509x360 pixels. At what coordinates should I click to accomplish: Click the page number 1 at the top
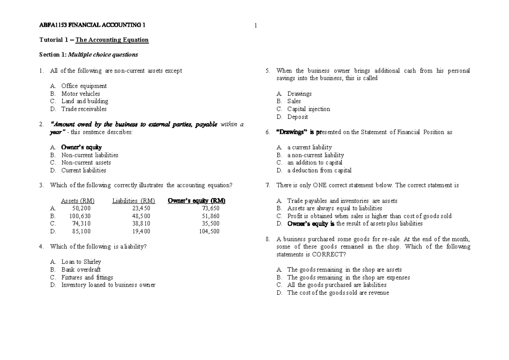coord(255,25)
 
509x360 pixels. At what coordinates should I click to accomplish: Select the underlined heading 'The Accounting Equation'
coord(112,40)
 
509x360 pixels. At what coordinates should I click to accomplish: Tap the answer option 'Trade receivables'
coord(84,109)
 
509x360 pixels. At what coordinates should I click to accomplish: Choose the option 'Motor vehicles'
coord(81,94)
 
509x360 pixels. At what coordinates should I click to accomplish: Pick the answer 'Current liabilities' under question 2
coord(84,170)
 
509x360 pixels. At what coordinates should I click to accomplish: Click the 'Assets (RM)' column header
coord(78,201)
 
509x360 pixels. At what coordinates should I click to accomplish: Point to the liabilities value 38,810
coord(141,224)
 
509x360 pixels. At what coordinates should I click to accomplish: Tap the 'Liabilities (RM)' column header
coord(134,201)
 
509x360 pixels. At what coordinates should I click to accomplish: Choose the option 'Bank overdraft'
coord(81,270)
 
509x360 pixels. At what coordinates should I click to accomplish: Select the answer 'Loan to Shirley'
coord(81,262)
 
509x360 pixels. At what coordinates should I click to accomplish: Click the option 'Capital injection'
coord(308,109)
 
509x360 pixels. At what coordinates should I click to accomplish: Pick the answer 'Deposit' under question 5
coord(297,117)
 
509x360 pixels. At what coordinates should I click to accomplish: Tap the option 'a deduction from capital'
coord(319,170)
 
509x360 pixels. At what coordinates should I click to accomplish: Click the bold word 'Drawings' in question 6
coord(291,132)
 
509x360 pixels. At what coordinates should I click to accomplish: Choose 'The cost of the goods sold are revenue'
coord(338,293)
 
